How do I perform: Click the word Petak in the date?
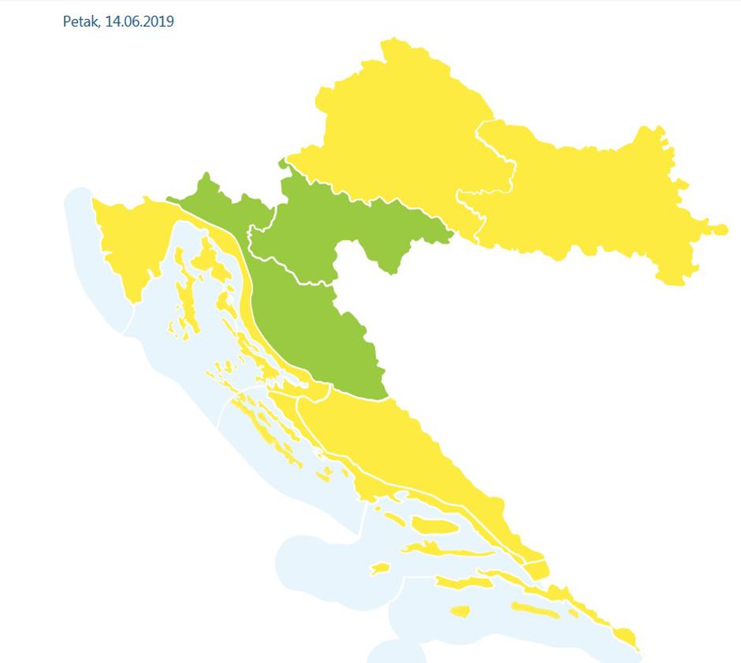[x=81, y=21]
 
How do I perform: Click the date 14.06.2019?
[x=140, y=21]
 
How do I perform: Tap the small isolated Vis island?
[x=380, y=568]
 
